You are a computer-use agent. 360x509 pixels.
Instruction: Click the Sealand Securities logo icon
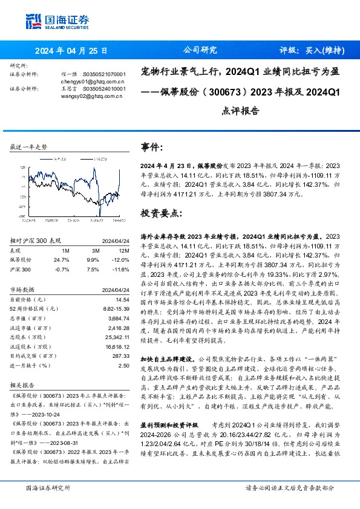point(33,21)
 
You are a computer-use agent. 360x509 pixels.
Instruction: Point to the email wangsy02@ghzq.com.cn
point(92,96)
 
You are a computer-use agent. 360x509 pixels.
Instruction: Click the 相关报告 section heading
point(23,385)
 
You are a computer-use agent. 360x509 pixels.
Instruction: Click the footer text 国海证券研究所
point(48,487)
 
